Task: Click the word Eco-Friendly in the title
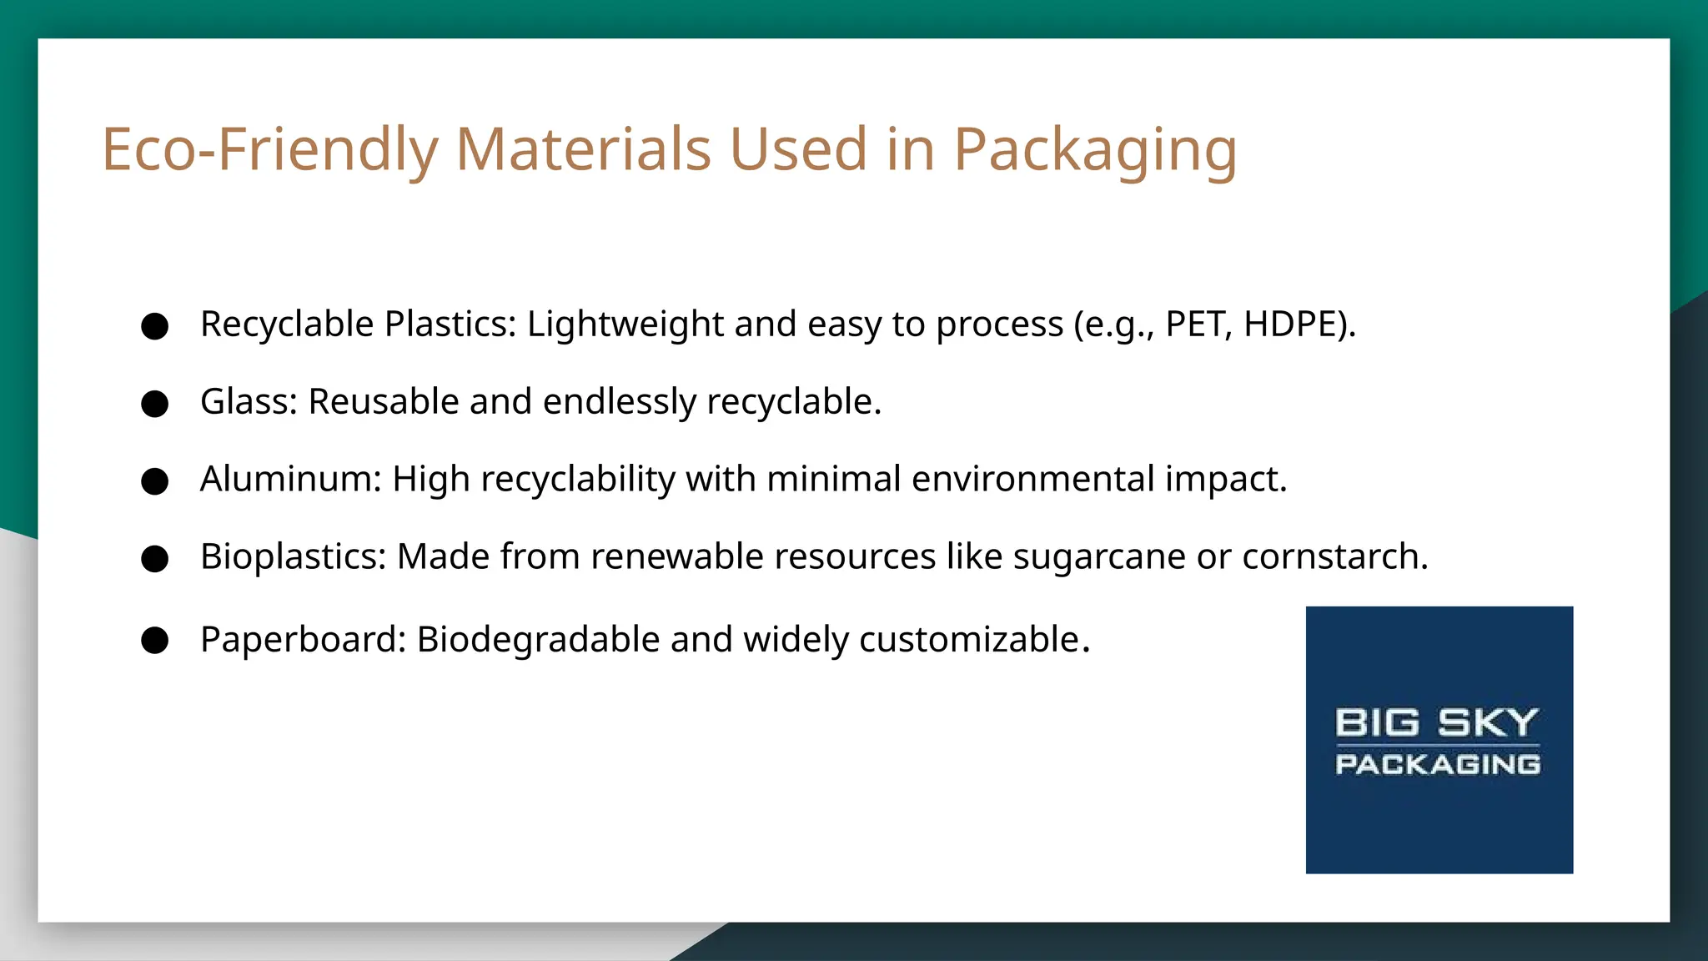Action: point(269,150)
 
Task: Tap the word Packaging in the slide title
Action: point(1094,152)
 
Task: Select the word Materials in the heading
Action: point(583,150)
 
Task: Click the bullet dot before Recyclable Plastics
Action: point(155,326)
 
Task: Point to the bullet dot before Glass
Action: point(155,404)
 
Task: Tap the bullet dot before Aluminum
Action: point(155,481)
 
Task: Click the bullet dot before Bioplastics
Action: point(155,558)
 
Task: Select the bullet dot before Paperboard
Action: point(155,641)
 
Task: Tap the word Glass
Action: point(248,402)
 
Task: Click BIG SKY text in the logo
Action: point(1436,722)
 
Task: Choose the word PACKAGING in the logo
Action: point(1438,764)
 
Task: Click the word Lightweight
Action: point(625,325)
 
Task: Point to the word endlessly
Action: point(619,402)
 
